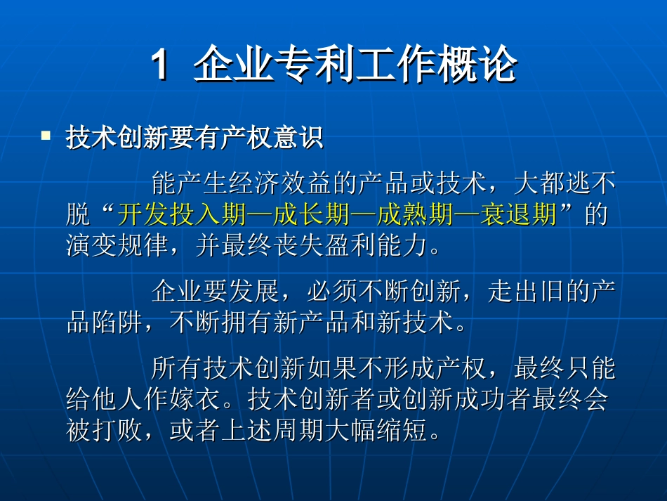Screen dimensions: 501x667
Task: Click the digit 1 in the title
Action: coord(161,66)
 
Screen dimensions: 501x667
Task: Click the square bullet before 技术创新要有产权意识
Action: coord(46,134)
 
